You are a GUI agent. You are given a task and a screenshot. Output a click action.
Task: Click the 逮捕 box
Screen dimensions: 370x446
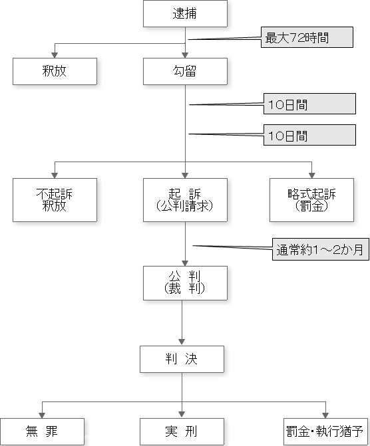coord(185,14)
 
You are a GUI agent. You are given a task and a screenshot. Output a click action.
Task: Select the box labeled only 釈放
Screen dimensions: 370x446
coord(55,71)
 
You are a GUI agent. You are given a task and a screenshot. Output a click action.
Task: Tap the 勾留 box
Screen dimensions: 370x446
coord(185,71)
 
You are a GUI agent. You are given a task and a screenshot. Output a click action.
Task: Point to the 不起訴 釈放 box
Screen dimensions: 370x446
coord(55,200)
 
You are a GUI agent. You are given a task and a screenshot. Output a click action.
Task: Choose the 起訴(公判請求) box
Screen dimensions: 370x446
coord(185,200)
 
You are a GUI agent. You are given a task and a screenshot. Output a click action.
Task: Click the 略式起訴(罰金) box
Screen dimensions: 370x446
coord(311,200)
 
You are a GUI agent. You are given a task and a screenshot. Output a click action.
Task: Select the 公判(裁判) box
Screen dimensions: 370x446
coord(185,283)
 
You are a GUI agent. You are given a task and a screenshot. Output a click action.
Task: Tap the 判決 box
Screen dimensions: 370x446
coord(182,359)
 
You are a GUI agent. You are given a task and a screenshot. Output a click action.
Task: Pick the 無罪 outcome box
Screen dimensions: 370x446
coord(42,431)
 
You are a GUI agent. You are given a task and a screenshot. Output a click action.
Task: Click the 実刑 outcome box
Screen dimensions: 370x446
coord(182,431)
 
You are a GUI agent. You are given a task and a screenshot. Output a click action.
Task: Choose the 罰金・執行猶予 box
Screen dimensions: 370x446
coord(325,431)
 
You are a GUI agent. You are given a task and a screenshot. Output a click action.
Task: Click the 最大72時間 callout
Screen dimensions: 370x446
coord(307,37)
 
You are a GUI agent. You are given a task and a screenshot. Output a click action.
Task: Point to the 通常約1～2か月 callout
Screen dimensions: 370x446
coord(321,249)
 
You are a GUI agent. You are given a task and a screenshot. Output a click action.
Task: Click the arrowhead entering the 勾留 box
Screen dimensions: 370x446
coord(185,55)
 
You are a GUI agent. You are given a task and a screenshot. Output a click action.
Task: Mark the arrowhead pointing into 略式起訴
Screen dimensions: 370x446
coord(311,175)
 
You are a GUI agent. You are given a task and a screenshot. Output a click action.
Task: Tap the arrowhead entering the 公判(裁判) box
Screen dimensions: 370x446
coord(185,263)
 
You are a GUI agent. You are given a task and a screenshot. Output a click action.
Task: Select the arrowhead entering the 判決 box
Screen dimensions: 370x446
coord(182,343)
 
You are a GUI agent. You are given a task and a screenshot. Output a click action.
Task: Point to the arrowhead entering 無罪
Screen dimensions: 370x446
coord(42,415)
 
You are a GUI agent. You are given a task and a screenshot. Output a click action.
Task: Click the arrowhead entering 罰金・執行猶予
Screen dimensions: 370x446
coord(325,415)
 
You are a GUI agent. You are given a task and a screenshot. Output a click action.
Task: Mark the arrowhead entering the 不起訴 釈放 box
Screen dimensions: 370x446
coord(55,175)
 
